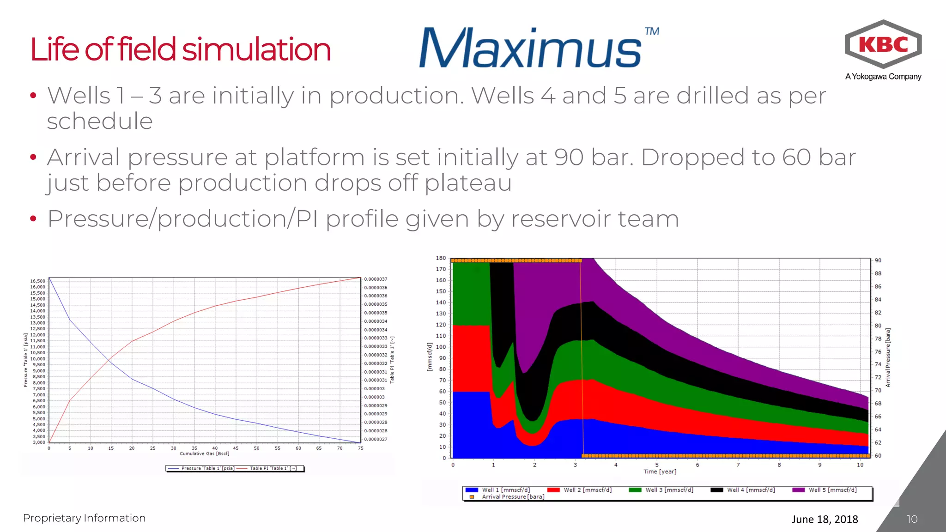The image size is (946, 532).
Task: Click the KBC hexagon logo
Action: (x=883, y=44)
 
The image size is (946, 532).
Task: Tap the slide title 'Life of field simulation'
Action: (x=181, y=49)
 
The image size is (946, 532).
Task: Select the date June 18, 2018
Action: (x=825, y=519)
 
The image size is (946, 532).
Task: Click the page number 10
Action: (x=912, y=519)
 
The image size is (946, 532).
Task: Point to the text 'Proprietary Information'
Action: (x=84, y=518)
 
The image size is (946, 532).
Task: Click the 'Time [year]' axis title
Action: (x=660, y=472)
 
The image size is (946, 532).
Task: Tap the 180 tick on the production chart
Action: (x=441, y=258)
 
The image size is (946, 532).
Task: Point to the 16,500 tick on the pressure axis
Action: (x=38, y=281)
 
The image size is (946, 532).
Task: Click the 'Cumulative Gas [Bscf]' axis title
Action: (x=204, y=453)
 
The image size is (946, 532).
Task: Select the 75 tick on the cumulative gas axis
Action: (x=360, y=448)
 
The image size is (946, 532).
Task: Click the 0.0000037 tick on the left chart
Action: (x=376, y=279)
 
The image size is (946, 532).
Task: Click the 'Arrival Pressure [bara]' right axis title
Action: (x=888, y=358)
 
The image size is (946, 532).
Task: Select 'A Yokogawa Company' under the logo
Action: (x=883, y=77)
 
